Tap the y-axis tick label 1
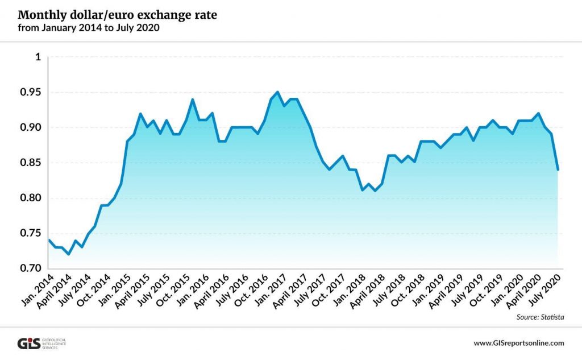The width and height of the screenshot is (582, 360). (39, 57)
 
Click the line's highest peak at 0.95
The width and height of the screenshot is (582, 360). (277, 92)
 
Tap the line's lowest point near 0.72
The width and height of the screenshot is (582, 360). (69, 254)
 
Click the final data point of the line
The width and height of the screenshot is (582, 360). (558, 169)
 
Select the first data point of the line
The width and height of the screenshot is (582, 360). (49, 240)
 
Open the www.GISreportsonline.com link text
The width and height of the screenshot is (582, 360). (518, 343)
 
